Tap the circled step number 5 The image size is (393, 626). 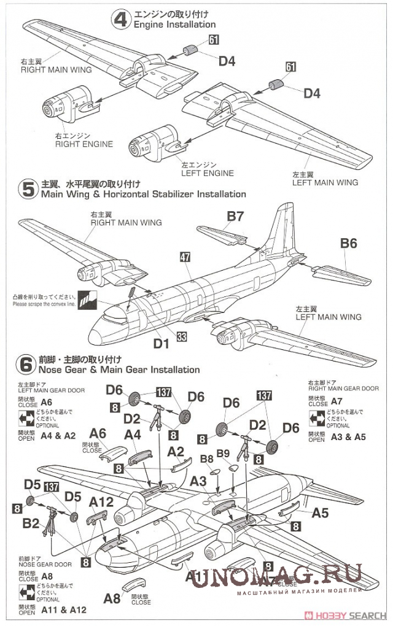pos(28,189)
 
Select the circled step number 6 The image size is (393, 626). pos(26,365)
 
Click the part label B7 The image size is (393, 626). pos(236,216)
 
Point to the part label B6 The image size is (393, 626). pos(348,244)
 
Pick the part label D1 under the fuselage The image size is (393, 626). pos(161,344)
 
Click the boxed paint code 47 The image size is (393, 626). pos(184,258)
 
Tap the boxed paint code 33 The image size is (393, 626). pos(182,336)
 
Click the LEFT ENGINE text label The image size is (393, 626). pos(208,173)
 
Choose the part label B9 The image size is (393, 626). pos(223,454)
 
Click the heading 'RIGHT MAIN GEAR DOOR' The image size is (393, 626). pos(343,388)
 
